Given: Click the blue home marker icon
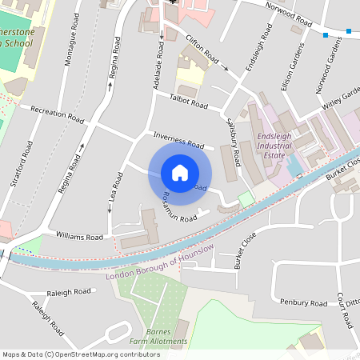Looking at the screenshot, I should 180,173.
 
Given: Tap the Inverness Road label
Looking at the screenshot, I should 177,138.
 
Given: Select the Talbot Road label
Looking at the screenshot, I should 189,102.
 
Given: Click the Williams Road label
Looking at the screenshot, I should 80,237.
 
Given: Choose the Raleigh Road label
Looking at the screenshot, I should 70,294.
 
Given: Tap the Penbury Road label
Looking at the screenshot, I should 303,302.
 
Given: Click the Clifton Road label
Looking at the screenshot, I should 203,54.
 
